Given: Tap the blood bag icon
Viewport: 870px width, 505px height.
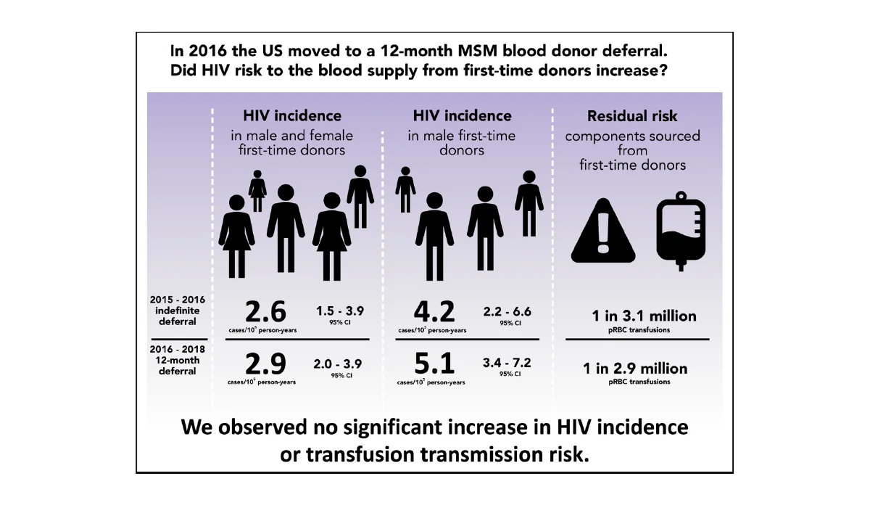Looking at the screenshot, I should click(x=680, y=230).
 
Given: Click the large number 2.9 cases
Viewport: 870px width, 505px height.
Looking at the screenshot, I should click(x=265, y=363).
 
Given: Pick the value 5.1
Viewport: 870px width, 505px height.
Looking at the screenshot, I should click(x=434, y=363).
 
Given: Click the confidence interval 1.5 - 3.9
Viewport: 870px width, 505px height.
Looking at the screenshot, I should click(x=340, y=311).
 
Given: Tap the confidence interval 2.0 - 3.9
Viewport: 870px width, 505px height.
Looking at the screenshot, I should click(x=338, y=363).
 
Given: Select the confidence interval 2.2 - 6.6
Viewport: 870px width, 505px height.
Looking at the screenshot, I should click(x=507, y=311).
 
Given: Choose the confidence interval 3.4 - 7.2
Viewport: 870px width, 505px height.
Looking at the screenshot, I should click(x=507, y=363).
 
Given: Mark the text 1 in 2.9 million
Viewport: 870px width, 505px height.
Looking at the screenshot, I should click(x=635, y=369).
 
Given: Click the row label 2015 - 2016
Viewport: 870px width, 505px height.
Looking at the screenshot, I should click(x=178, y=299).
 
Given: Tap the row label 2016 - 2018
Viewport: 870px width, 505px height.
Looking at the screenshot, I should click(x=178, y=349).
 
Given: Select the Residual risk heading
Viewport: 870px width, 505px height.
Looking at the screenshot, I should click(x=633, y=116).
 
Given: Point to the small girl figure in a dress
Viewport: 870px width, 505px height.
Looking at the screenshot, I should click(x=257, y=190).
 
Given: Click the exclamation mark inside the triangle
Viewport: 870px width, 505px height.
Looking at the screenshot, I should click(x=603, y=234).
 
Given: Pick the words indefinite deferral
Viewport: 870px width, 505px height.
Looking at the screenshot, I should click(x=178, y=316).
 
